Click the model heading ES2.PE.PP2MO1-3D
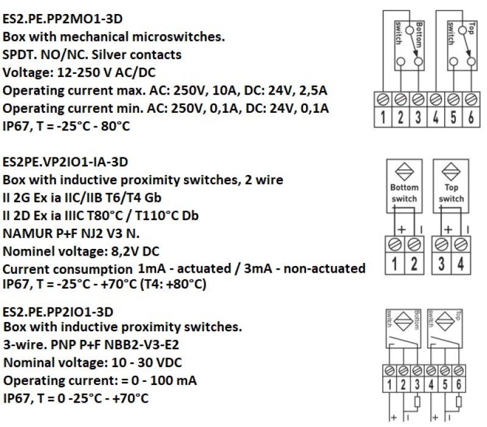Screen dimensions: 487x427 coord(62,19)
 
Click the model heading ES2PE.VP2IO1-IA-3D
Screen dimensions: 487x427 coord(65,162)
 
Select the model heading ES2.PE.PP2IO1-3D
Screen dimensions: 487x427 coord(58,312)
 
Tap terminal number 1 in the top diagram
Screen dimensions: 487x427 coord(383,118)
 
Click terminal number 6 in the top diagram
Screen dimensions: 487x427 coord(471,118)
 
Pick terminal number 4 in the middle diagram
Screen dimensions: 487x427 coord(461,264)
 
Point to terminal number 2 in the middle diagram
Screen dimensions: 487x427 coord(414,264)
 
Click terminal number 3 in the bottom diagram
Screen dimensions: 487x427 coord(417,385)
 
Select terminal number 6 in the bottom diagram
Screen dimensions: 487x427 coord(459,385)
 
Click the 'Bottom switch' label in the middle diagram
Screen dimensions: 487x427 coord(404,193)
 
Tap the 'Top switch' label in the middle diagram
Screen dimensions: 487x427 coord(451,193)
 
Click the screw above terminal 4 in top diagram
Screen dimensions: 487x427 coord(436,100)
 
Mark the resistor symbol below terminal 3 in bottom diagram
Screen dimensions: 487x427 coord(418,401)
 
